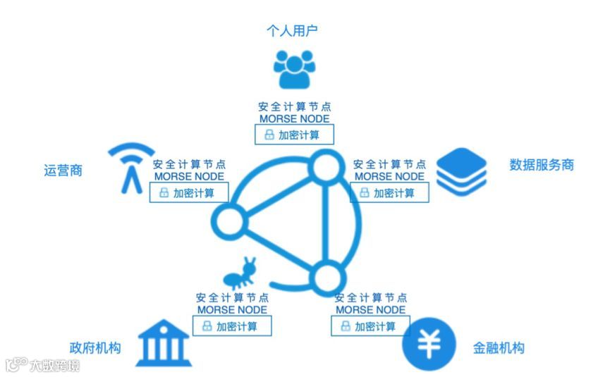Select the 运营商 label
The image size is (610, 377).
tap(63, 170)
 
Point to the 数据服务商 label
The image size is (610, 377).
tap(541, 165)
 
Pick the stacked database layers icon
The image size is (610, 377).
tap(461, 170)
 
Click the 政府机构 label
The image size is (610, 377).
tap(95, 348)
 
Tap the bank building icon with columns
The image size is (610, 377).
tap(163, 343)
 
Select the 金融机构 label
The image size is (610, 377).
tap(499, 348)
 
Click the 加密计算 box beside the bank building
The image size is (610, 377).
tap(231, 326)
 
